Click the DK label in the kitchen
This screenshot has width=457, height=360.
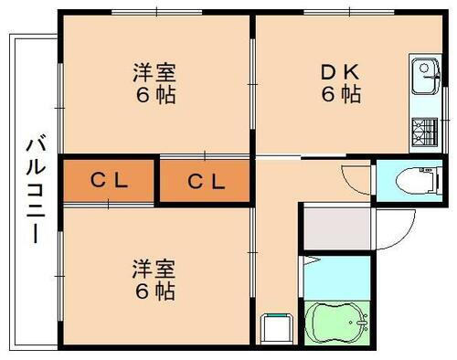click(339, 71)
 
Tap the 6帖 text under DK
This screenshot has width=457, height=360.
click(339, 93)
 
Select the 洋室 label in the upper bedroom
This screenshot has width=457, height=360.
click(154, 71)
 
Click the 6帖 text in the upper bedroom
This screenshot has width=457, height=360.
click(154, 93)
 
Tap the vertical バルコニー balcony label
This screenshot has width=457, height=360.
click(36, 187)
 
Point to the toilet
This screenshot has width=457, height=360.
click(409, 180)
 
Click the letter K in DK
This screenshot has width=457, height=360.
click(351, 71)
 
